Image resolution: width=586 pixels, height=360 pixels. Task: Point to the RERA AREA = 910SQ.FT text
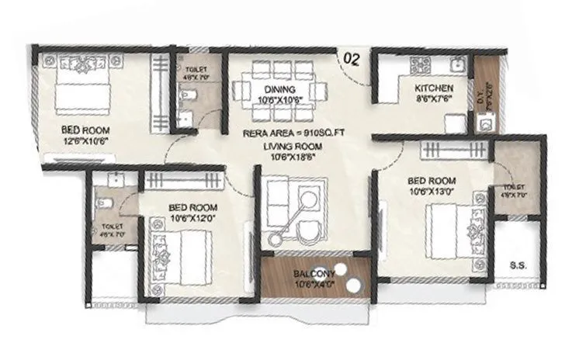click(x=293, y=133)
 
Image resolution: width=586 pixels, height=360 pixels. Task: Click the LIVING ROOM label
click(x=293, y=146)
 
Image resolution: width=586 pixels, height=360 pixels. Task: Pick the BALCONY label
click(x=314, y=274)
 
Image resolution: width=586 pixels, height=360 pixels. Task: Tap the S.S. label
click(x=518, y=265)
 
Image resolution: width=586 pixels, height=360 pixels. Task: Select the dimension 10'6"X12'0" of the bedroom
click(x=192, y=220)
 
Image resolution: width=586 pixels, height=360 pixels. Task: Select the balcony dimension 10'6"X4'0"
click(x=314, y=285)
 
